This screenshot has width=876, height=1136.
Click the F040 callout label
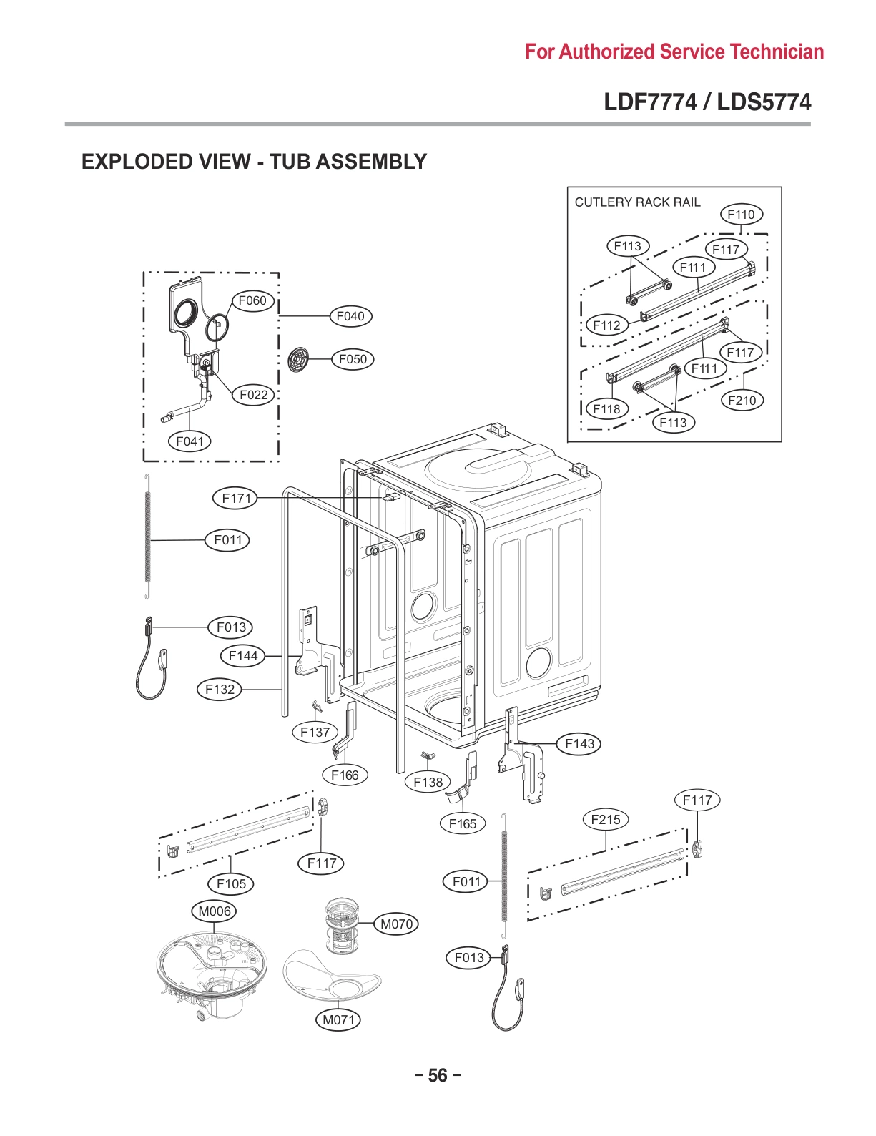coord(350,316)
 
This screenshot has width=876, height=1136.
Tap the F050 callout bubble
coord(353,359)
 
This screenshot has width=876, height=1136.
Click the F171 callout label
coord(235,498)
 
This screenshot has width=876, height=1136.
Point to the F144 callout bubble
coord(242,655)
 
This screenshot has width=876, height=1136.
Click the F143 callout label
coord(579,743)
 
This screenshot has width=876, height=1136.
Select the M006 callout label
coord(215,911)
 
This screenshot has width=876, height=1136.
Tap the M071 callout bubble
coord(338,1019)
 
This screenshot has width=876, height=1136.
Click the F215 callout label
coord(606,819)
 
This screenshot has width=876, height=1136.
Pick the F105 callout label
coord(231,883)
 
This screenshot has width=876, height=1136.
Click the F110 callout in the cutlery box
coord(741,214)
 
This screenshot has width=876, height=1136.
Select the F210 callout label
coord(742,400)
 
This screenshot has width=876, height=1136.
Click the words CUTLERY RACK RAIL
coord(637,202)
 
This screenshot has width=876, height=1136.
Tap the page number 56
coord(438,1075)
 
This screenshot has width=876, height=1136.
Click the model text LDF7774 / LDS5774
coord(707,102)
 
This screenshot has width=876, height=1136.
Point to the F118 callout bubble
coord(606,408)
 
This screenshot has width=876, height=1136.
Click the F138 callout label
coord(428,782)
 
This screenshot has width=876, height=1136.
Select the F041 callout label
coord(190,441)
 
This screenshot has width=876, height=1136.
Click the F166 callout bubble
coord(345,775)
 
